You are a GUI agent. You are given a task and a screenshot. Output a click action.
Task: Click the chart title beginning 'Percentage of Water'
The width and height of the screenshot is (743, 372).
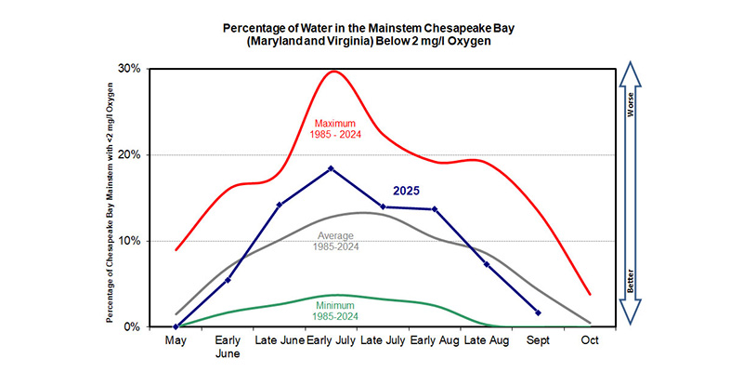click(x=371, y=33)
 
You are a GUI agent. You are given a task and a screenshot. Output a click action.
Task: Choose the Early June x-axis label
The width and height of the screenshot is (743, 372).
click(x=228, y=348)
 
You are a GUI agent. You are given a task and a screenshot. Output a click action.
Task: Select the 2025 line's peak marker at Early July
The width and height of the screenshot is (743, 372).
click(x=332, y=168)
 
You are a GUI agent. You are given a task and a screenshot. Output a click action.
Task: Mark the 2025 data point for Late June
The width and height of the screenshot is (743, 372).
click(x=280, y=205)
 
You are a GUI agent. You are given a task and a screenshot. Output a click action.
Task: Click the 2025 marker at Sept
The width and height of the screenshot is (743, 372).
click(x=539, y=312)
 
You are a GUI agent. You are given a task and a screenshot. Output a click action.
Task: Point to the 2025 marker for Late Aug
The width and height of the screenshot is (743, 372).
click(x=487, y=264)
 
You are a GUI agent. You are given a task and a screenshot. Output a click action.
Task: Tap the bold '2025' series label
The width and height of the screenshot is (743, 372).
click(x=405, y=190)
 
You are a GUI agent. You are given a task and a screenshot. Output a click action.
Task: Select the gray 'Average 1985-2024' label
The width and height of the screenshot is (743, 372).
click(x=338, y=240)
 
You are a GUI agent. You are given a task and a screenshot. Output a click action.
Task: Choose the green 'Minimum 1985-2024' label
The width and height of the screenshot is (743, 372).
click(x=338, y=310)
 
